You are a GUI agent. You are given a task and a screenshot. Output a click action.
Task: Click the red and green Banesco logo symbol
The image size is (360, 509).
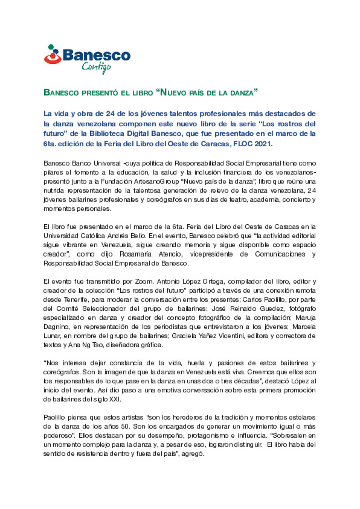coord(53,55)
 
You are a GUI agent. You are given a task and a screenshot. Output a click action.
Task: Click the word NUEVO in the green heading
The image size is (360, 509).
coord(173,93)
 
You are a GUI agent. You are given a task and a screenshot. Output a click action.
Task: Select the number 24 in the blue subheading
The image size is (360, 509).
coord(110,114)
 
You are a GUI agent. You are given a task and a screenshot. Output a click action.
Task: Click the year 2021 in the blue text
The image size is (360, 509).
coord(263,144)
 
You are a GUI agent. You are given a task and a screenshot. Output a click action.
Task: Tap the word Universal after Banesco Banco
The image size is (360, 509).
coord(107,163)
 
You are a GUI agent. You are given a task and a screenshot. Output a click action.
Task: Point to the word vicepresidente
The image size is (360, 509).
coord(211,254)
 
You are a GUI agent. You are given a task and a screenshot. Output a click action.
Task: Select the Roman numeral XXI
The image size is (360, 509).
coord(115,399)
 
